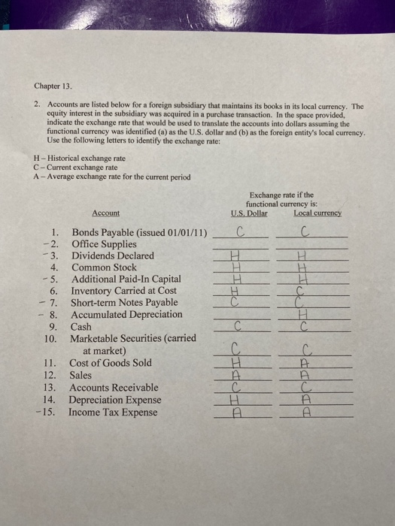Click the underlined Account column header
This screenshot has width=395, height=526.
[x=105, y=213]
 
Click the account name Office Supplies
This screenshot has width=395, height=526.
[x=104, y=243]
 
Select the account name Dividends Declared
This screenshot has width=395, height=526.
[x=112, y=255]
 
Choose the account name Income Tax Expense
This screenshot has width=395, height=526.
[x=113, y=412]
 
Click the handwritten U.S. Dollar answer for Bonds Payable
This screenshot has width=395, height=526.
[x=241, y=231]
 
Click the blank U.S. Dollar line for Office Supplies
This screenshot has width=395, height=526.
[x=241, y=246]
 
